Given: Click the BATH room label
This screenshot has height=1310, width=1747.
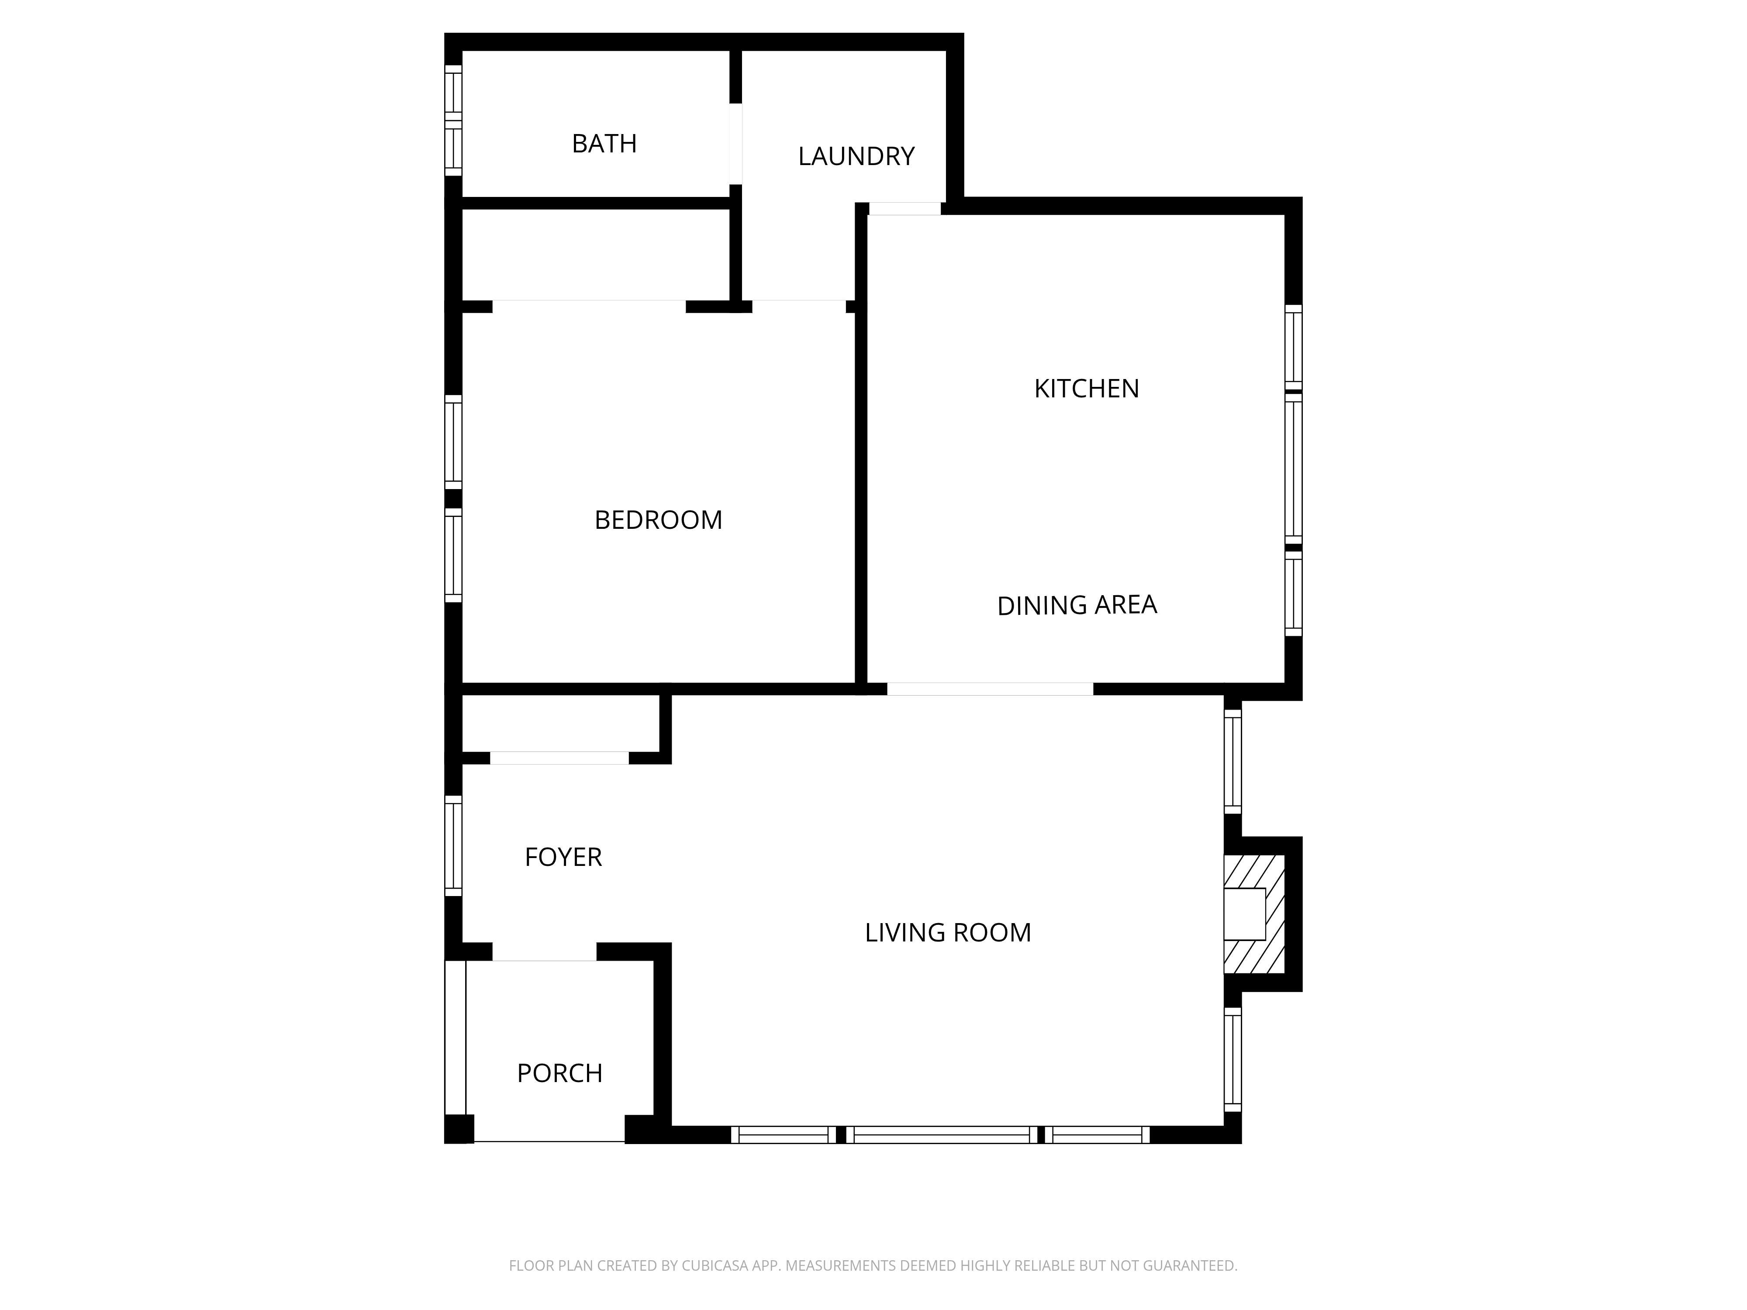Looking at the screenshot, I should click(x=604, y=144).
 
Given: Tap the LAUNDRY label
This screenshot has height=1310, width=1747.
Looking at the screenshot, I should click(x=856, y=156).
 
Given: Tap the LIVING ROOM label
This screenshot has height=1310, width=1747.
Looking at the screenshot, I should click(x=948, y=933).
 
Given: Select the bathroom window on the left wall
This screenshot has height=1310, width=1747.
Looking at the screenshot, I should click(x=452, y=120).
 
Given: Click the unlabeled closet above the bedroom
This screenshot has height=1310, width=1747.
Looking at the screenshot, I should click(x=595, y=254).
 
